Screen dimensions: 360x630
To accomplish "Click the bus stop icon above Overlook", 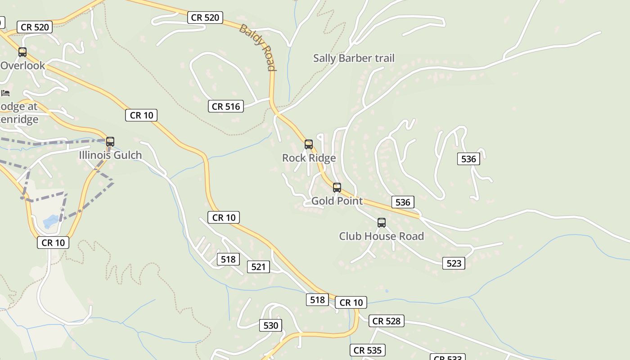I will [x=22, y=52].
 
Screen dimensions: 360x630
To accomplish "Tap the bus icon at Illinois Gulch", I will [x=110, y=142].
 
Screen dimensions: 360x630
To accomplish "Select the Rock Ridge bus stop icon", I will [x=309, y=144].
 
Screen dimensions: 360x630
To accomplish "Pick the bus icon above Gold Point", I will [x=337, y=188].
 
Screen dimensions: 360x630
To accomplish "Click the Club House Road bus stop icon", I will [x=382, y=223].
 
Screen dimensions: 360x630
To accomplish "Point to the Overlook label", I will [x=22, y=66].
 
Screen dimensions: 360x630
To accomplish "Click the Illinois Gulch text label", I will [x=110, y=155].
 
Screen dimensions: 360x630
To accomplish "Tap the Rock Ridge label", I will [x=309, y=158].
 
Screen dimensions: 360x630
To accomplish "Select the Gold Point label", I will [x=337, y=201].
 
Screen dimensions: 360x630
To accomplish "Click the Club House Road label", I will [x=381, y=236].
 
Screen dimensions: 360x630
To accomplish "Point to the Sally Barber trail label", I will [x=354, y=58].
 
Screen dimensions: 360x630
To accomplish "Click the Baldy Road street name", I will [x=258, y=47].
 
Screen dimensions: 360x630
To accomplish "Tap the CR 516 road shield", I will [x=226, y=106].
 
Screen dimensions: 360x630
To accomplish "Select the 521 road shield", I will [x=258, y=267].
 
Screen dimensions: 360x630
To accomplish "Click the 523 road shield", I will [x=454, y=263].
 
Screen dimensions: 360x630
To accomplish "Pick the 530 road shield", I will [x=270, y=325].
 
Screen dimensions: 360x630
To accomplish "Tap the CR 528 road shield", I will [x=387, y=321].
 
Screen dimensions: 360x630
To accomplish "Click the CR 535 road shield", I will [x=368, y=350].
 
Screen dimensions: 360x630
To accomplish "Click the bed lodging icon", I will [x=5, y=93].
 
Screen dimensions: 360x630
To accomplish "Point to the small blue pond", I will [x=50, y=221].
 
